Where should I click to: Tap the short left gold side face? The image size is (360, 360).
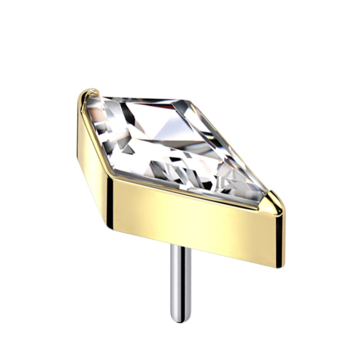(95, 144)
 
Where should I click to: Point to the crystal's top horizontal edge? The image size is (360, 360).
(144, 99)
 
